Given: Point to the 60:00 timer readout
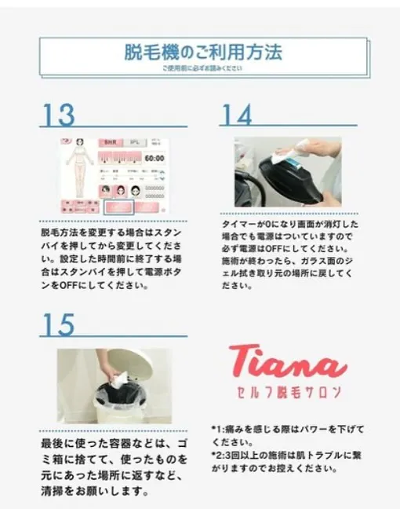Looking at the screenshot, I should [151, 159].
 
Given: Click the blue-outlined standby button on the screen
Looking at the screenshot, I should [119, 208].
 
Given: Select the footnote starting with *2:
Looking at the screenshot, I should [288, 462].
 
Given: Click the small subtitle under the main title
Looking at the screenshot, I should [202, 68].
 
